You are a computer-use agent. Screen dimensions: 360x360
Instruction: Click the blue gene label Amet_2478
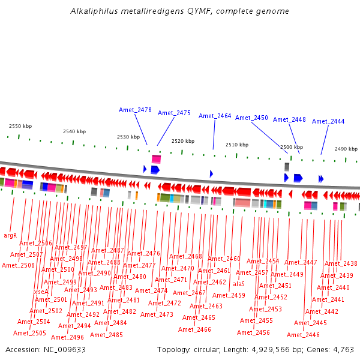point(135,110)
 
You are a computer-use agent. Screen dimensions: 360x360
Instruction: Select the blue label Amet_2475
point(174,113)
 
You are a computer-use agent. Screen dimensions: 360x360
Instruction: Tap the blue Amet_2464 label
point(215,116)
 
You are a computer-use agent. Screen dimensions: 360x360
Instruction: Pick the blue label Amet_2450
point(251,118)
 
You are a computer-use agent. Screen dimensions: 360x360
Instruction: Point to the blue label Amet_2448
point(289,119)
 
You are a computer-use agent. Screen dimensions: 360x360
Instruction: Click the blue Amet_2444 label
point(328,121)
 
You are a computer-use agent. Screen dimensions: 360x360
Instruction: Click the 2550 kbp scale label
point(20,126)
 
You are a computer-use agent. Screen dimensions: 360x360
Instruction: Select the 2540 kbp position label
point(74,131)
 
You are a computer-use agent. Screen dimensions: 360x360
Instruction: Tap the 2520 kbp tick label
point(183,141)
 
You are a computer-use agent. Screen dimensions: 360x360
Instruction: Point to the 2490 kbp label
point(346,149)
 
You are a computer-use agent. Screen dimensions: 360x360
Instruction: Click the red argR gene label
point(10,235)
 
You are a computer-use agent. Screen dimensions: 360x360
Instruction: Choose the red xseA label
point(41,292)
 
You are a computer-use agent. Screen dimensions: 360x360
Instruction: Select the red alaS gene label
point(239,284)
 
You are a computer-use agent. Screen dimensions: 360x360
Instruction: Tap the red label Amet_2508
point(18,265)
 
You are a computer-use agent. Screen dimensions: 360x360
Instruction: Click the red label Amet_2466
point(194,329)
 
